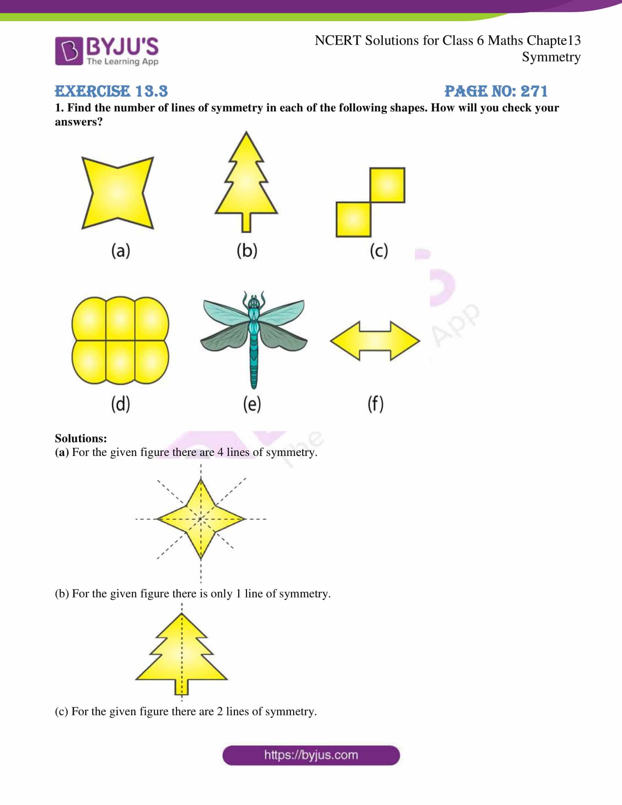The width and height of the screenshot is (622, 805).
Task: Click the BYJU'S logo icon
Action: [68, 51]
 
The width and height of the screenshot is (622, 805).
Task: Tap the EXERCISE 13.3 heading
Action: [111, 91]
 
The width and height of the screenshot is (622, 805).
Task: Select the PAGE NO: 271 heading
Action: [496, 91]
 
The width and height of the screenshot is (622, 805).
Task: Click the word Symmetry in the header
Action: [551, 57]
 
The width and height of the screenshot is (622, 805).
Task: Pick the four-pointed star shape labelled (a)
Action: [117, 192]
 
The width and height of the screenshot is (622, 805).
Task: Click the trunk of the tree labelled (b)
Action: [246, 222]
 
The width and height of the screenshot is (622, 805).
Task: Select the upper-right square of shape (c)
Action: [387, 185]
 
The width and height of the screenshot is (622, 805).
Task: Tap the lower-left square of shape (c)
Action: [353, 219]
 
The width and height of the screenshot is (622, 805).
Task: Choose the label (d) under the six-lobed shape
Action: [120, 404]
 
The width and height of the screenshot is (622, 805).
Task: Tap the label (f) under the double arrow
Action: [375, 404]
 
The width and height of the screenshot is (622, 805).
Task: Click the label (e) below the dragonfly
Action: [252, 404]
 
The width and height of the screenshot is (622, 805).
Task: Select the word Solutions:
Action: [81, 438]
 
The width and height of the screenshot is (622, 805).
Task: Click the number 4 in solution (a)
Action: [220, 452]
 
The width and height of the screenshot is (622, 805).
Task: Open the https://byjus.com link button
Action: [311, 755]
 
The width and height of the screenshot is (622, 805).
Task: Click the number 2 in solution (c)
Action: [220, 711]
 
